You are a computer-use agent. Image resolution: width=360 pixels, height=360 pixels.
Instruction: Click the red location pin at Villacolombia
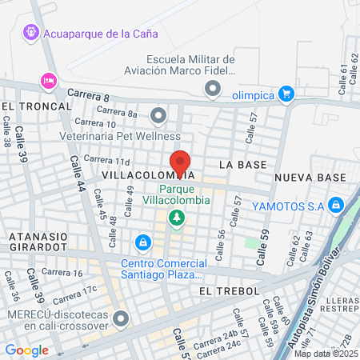(x=180, y=162)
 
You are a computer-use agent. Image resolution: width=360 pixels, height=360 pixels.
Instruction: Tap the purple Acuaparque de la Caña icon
(x=30, y=33)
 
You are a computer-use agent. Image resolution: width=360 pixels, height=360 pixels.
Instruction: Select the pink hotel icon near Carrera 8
(x=48, y=82)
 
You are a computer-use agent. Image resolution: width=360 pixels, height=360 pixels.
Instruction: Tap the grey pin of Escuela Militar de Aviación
(x=212, y=90)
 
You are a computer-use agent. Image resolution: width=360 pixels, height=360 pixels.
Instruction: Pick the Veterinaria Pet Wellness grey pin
(x=158, y=116)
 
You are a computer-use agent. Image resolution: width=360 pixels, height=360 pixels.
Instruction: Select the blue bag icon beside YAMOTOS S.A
(x=337, y=206)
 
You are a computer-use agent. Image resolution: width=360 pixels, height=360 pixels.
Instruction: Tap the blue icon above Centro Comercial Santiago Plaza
(x=142, y=241)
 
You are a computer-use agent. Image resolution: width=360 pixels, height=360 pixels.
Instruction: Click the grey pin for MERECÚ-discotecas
(x=121, y=320)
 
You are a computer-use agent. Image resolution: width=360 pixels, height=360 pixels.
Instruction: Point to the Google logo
(x=26, y=350)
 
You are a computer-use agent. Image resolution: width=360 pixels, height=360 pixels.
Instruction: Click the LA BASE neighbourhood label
(x=242, y=164)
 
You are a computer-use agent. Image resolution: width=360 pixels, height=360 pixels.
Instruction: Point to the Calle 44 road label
(x=78, y=194)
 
